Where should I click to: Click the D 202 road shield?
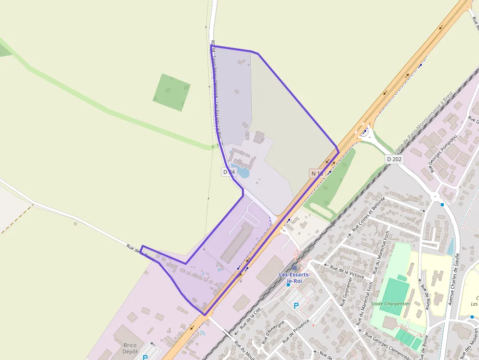(x=394, y=159)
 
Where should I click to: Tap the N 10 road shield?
(x=317, y=173)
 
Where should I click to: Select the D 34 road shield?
(x=229, y=172)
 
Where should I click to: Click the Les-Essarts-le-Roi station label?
(x=294, y=278)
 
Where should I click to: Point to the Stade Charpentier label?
(x=390, y=303)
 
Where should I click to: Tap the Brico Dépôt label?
(x=130, y=348)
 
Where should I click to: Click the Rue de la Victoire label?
(x=347, y=272)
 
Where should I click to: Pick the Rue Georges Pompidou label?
(x=438, y=153)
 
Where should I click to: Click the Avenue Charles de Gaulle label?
(x=453, y=279)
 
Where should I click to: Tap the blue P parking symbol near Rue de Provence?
(x=296, y=306)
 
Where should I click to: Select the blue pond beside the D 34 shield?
(x=243, y=172)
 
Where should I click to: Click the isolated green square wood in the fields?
(x=172, y=92)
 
